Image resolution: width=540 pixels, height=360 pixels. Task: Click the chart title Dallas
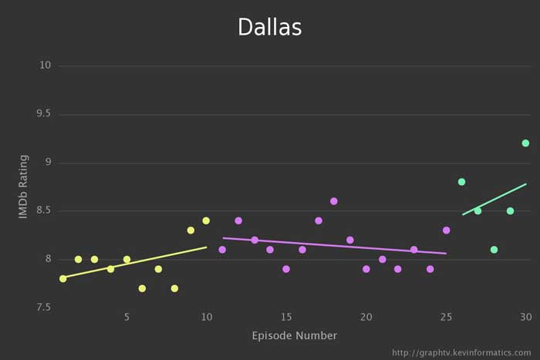pos(269,27)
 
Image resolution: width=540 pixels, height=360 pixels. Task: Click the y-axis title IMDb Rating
pos(24,186)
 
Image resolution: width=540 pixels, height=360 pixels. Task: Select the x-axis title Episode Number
pos(294,335)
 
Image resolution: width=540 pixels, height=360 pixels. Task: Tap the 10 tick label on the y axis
pos(45,66)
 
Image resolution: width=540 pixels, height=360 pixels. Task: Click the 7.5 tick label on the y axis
pos(43,307)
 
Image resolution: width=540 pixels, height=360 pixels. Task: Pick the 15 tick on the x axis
pos(286,317)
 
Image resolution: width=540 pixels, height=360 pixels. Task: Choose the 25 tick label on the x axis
pos(446,317)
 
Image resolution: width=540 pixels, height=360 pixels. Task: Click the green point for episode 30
pos(525,143)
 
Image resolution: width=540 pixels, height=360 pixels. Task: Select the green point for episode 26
pos(461,182)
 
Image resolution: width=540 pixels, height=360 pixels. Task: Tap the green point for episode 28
pos(494,249)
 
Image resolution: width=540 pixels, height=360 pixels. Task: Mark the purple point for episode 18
pos(334,201)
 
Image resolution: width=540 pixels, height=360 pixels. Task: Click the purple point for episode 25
pos(446,230)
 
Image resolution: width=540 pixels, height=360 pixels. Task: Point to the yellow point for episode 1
pos(62,278)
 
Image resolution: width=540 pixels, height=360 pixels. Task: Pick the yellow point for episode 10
pos(206,220)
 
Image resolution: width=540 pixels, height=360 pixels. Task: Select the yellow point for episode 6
pos(142,288)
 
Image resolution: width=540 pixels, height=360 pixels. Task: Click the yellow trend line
pos(135,262)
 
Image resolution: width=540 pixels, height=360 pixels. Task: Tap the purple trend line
pos(334,246)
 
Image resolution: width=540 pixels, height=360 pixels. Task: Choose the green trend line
pos(494,199)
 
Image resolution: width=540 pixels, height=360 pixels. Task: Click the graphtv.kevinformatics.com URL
pos(461,352)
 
